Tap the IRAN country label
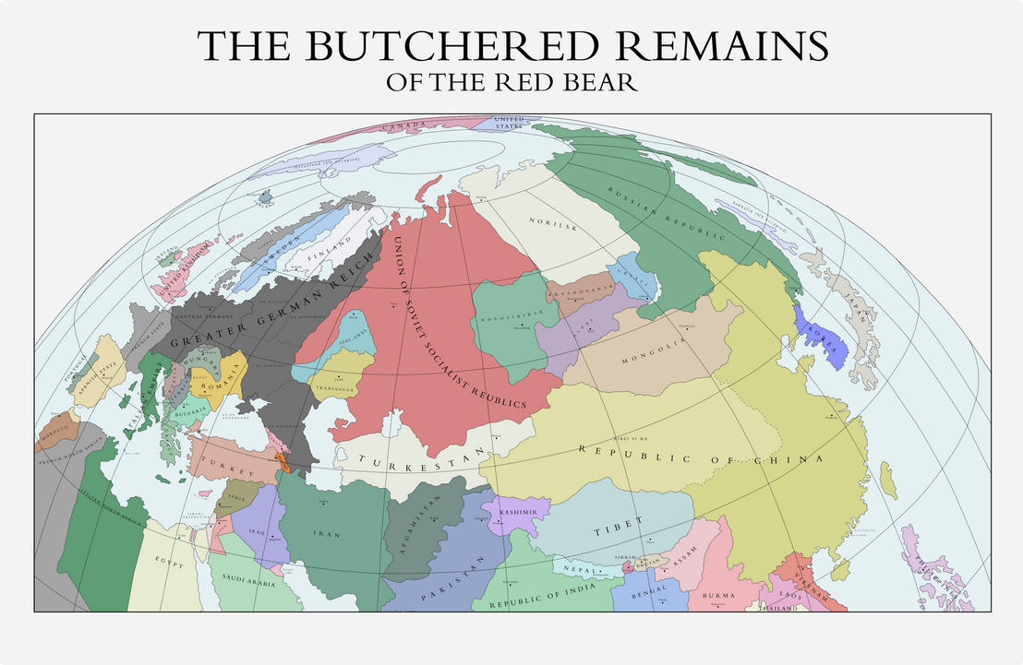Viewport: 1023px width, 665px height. [327, 534]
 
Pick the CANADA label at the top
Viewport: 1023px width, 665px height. [406, 125]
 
